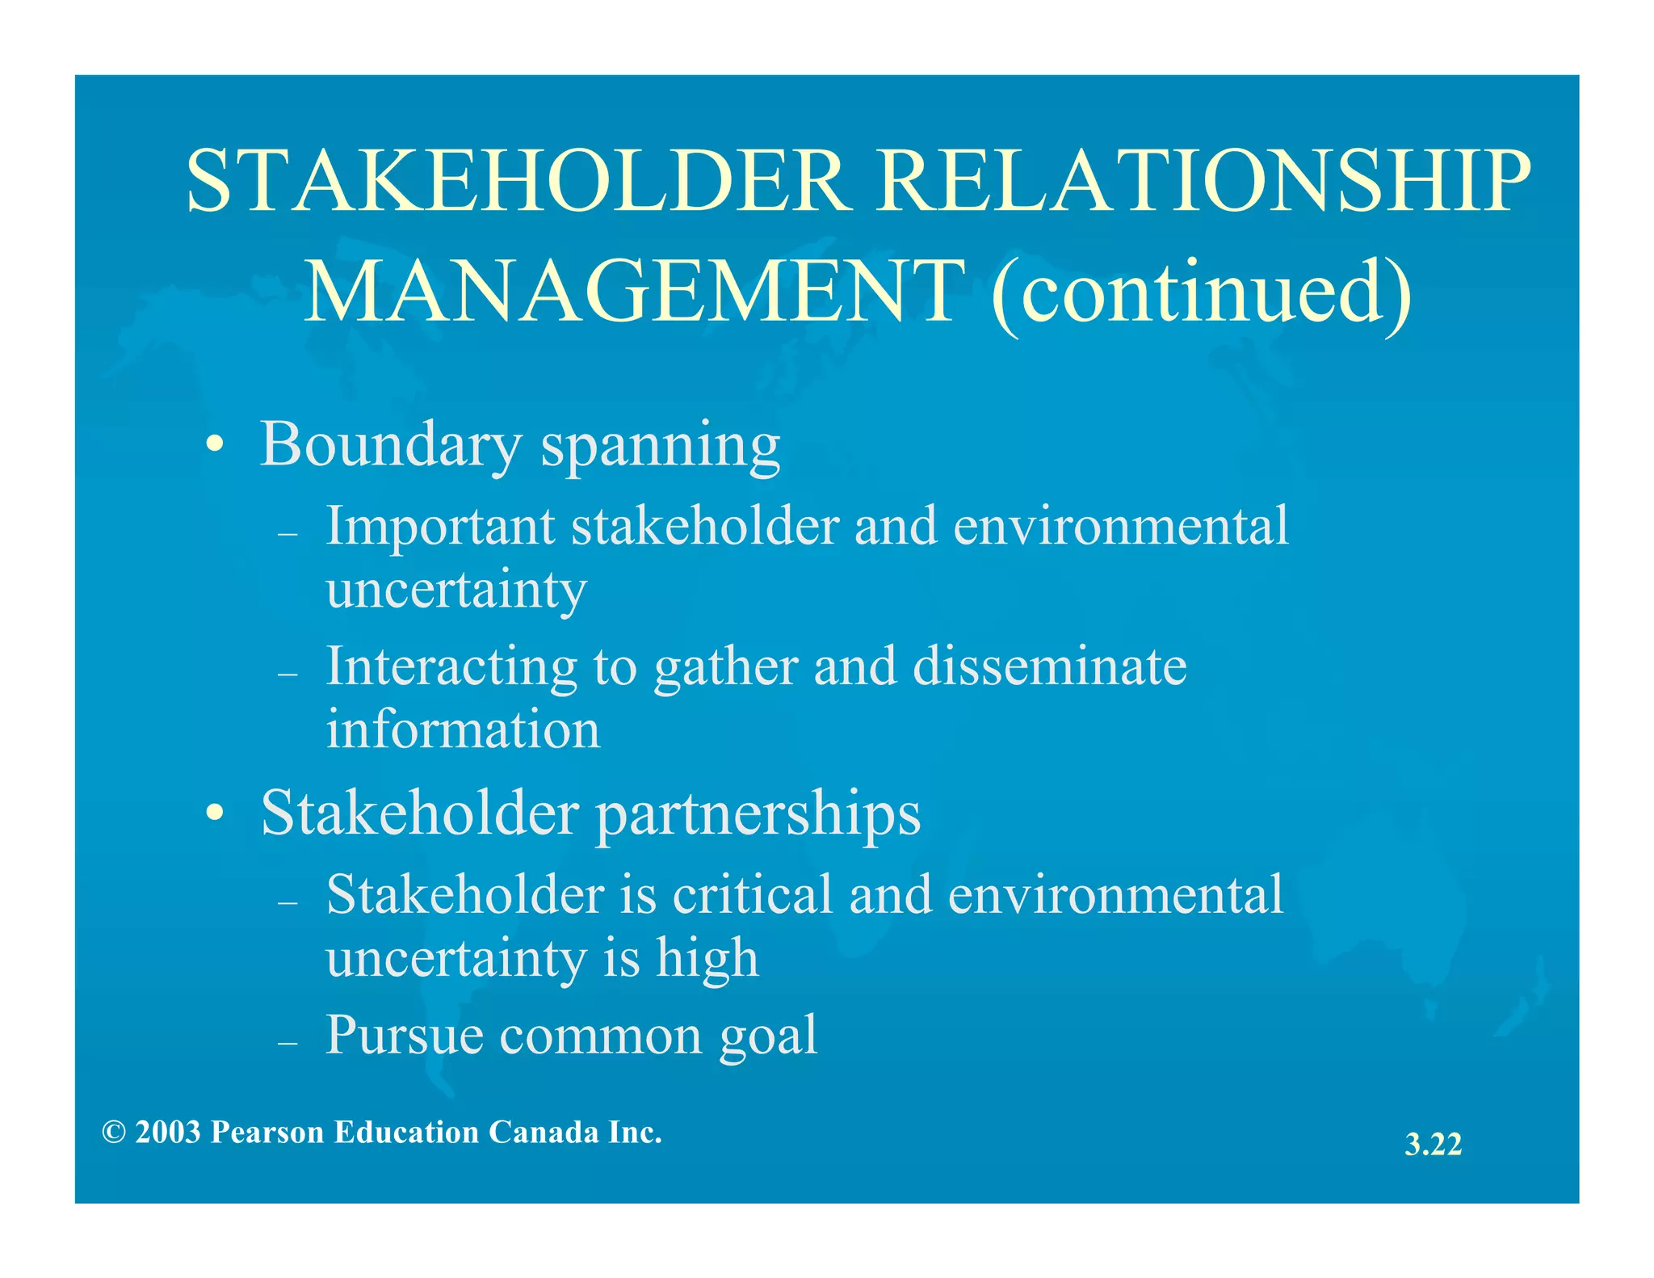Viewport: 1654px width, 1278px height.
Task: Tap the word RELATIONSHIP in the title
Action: pyautogui.click(x=1205, y=181)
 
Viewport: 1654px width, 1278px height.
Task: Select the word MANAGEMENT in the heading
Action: pyautogui.click(x=634, y=292)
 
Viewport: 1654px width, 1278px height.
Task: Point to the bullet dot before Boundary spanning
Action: pyautogui.click(x=214, y=445)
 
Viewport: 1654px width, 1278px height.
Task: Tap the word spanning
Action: pyautogui.click(x=660, y=447)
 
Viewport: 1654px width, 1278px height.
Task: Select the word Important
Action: pyautogui.click(x=440, y=527)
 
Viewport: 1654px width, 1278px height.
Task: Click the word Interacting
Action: pyautogui.click(x=451, y=667)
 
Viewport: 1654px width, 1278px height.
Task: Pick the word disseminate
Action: pyautogui.click(x=1049, y=667)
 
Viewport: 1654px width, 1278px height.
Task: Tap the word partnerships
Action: pyautogui.click(x=758, y=814)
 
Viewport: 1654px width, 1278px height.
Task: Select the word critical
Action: pyautogui.click(x=752, y=895)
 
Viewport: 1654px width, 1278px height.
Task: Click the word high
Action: pyautogui.click(x=707, y=959)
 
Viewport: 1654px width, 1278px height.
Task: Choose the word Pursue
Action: pyautogui.click(x=404, y=1035)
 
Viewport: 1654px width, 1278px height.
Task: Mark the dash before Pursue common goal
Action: pyautogui.click(x=288, y=1043)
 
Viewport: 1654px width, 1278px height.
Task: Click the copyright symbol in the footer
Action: pyautogui.click(x=114, y=1133)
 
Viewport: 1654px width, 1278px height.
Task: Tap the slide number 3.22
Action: pyautogui.click(x=1433, y=1145)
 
